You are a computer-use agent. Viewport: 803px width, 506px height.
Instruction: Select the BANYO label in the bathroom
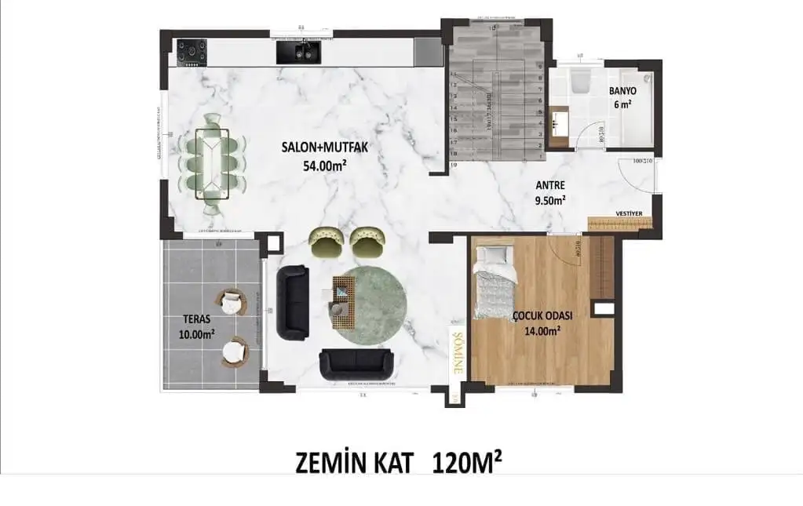pos(622,91)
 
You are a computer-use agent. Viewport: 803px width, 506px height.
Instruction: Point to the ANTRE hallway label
pos(550,186)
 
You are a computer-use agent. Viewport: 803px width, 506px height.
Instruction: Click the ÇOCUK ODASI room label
pos(542,315)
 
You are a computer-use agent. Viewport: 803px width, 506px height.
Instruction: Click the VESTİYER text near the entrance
pos(631,213)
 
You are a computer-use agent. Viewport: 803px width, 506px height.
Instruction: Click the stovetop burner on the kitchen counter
pos(192,52)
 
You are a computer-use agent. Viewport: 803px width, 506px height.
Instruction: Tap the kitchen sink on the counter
pos(299,52)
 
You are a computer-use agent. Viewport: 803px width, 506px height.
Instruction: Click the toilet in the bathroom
pos(582,82)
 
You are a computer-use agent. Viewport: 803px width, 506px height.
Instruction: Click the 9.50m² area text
pos(549,200)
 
